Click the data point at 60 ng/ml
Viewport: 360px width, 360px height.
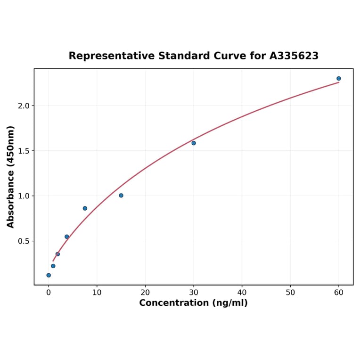pos(339,79)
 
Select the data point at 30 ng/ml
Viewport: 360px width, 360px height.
pos(194,143)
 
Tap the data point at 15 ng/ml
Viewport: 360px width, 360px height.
pos(121,196)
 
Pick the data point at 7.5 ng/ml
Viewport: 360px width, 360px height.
pos(85,208)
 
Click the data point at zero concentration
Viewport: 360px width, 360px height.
pos(49,275)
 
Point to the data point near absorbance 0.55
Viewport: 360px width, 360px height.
pos(67,237)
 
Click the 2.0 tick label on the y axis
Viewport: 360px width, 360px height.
pos(24,106)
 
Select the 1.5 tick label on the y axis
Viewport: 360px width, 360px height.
pos(24,151)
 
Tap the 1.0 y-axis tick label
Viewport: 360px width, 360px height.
pos(24,196)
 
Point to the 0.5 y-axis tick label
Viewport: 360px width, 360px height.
pos(24,241)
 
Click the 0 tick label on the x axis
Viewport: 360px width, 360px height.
pos(49,293)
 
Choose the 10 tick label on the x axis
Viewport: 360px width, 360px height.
pos(97,293)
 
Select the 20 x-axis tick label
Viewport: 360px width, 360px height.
pos(145,293)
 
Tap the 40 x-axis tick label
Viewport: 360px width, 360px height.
pos(242,293)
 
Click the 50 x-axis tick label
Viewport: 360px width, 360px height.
pos(290,293)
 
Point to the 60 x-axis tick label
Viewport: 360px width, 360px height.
pos(339,293)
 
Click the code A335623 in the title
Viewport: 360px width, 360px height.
pos(294,56)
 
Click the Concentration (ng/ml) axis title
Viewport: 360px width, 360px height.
pos(193,303)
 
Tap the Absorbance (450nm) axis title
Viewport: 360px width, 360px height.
pos(11,177)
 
